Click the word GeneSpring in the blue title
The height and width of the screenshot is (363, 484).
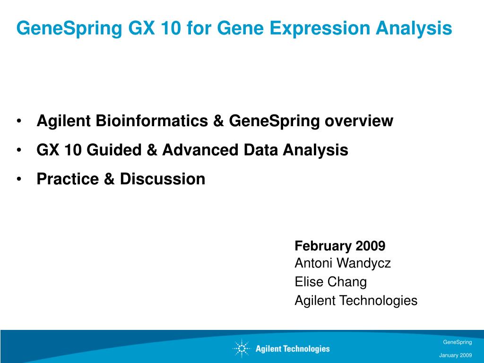click(x=69, y=28)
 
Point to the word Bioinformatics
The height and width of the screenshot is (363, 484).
click(x=152, y=121)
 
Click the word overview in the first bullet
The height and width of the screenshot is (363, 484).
click(x=359, y=121)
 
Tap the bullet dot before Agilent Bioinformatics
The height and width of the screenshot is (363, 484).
click(x=19, y=121)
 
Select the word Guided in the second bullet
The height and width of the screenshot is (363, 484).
click(x=114, y=150)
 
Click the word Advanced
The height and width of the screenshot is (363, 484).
click(x=200, y=150)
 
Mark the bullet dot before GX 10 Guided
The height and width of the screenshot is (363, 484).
click(x=19, y=150)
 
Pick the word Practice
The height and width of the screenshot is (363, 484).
click(x=68, y=179)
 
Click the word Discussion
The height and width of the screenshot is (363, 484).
click(x=163, y=179)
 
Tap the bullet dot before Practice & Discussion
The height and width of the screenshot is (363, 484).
click(x=19, y=179)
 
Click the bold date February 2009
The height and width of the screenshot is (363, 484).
click(x=340, y=246)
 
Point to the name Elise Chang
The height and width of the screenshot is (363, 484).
click(x=330, y=282)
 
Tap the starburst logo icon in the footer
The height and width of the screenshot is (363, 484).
click(x=242, y=348)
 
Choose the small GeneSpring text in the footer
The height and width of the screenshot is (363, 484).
click(x=458, y=342)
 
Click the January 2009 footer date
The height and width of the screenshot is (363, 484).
click(x=456, y=355)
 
